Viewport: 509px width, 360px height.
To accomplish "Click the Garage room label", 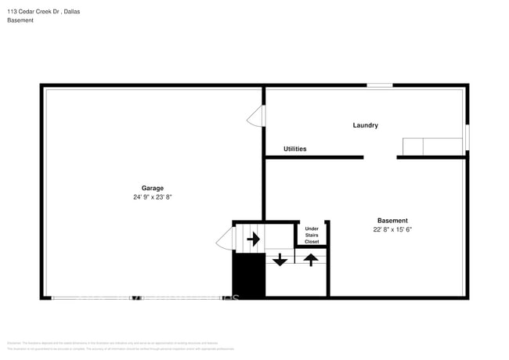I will point(152,188).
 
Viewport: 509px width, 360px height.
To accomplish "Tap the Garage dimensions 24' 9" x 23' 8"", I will point(152,198).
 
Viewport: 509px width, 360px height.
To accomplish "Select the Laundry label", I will point(365,125).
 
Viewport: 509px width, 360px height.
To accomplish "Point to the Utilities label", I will point(294,149).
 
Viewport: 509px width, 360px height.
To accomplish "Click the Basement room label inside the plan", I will point(392,221).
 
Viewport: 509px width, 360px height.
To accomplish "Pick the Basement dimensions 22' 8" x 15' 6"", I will point(392,230).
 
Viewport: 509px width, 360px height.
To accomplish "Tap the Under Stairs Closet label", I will point(312,235).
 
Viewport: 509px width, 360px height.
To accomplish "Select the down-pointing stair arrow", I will point(280,259).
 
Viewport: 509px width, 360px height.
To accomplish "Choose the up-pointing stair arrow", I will point(311,259).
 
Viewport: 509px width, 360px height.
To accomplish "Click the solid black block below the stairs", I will point(249,275).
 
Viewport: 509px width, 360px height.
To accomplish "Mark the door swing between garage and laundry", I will point(255,117).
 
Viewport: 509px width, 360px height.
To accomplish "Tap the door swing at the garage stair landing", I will point(225,238).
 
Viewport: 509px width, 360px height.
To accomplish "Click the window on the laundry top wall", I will point(380,85).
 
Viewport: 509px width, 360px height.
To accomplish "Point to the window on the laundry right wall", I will point(467,137).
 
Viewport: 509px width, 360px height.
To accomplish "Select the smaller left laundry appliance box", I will point(413,146).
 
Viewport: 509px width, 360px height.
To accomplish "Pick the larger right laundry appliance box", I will point(442,146).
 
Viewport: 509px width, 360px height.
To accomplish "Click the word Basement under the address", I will point(20,20).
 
